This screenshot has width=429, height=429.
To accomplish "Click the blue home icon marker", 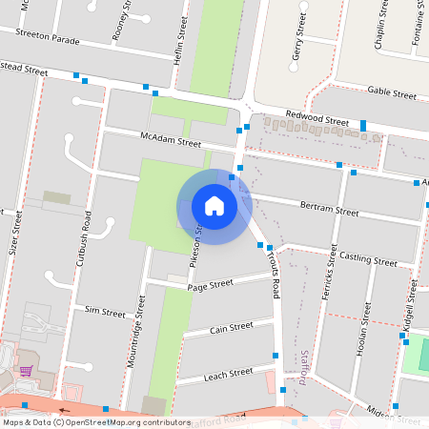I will pyautogui.click(x=214, y=206).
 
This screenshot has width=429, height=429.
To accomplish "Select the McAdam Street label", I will pyautogui.click(x=171, y=141).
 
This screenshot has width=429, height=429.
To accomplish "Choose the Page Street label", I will pyautogui.click(x=210, y=284).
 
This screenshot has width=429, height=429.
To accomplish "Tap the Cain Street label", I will pyautogui.click(x=231, y=326).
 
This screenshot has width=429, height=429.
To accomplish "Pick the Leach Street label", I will pyautogui.click(x=227, y=373).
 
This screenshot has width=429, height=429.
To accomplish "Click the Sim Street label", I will pyautogui.click(x=105, y=312).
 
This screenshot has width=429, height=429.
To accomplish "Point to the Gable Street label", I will pyautogui.click(x=391, y=93).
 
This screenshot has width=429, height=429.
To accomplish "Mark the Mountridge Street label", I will pyautogui.click(x=133, y=331).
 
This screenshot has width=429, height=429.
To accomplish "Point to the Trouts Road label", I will pyautogui.click(x=274, y=270).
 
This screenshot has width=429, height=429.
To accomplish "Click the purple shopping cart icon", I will pyautogui.click(x=26, y=370).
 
